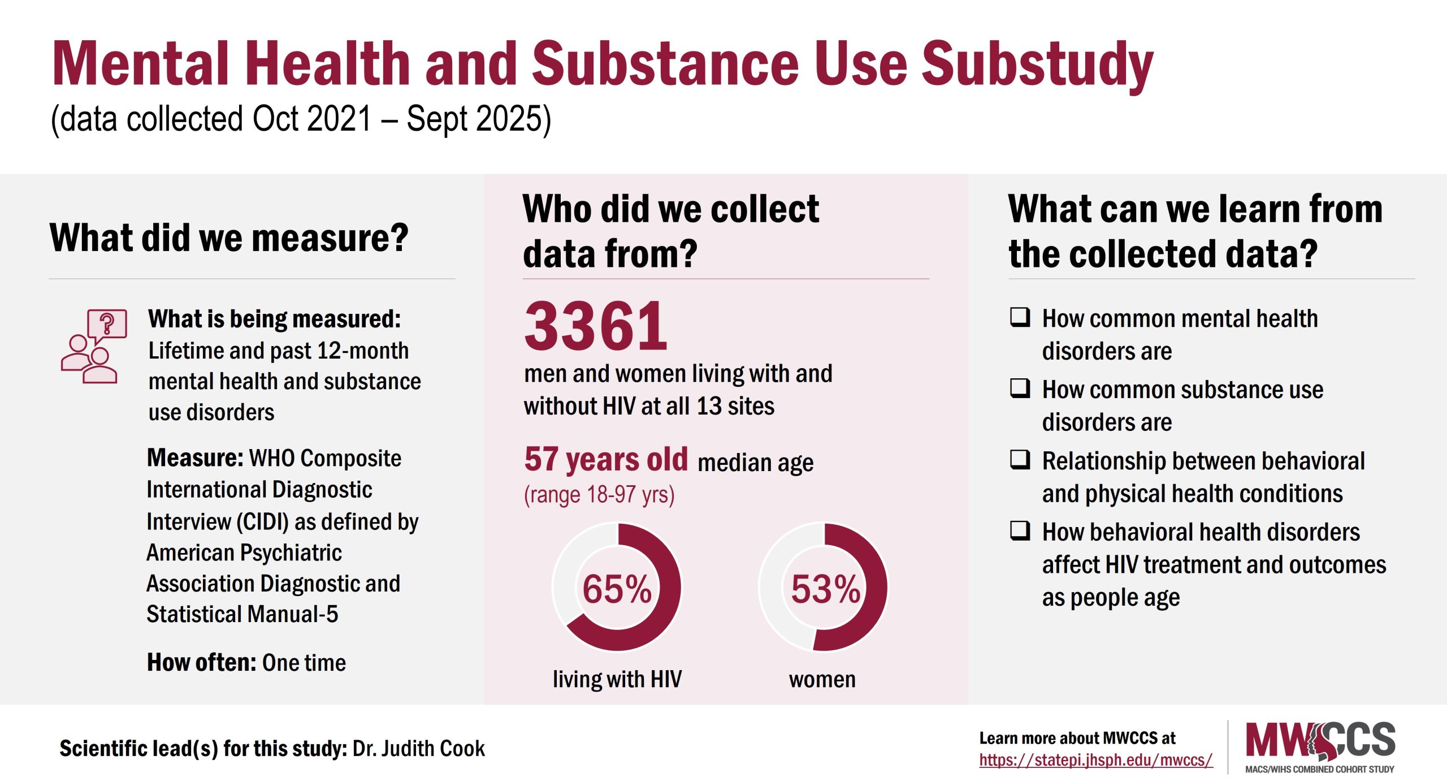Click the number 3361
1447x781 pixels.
(596, 326)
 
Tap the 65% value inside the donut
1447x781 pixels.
(617, 589)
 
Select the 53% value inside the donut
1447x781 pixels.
(825, 589)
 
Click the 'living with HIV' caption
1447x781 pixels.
(617, 679)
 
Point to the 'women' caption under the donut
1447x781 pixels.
(822, 679)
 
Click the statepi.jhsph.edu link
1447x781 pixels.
(1095, 760)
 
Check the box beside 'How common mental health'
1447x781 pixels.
(1020, 317)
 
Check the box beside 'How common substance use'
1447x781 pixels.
(1020, 389)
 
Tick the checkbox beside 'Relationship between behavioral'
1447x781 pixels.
(1020, 460)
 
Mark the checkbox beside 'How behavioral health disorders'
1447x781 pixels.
(1020, 531)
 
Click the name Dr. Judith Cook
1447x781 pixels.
(418, 749)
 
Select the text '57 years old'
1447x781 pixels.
(605, 459)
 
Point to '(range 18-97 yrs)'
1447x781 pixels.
(599, 495)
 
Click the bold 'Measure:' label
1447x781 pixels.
(195, 458)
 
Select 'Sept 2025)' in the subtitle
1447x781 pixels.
(478, 119)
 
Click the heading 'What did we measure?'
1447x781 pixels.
(229, 238)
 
